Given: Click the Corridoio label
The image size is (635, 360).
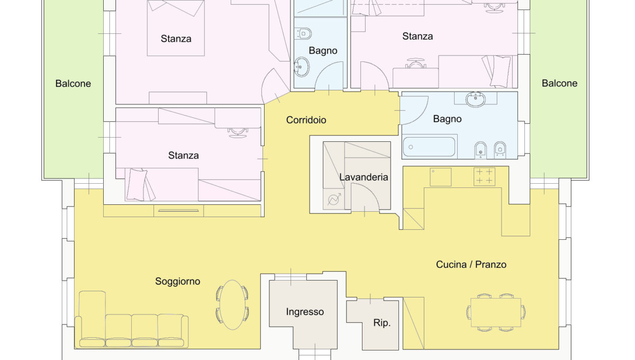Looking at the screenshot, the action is click(306, 120).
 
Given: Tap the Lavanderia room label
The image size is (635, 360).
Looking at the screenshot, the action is click(364, 177).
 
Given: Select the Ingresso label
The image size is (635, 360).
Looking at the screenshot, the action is click(305, 312).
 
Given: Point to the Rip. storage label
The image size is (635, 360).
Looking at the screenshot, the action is click(382, 323).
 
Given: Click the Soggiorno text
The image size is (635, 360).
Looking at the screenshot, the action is click(178, 282).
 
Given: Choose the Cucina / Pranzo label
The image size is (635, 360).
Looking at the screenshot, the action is click(471, 264).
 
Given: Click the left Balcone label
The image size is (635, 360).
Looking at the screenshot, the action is click(73, 84).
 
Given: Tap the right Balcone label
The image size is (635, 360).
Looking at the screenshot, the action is click(560, 83).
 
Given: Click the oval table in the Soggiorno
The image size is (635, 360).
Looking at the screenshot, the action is click(232, 305).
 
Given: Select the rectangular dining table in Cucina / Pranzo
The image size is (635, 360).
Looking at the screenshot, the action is click(496, 312).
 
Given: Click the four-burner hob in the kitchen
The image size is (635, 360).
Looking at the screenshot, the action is click(485, 176).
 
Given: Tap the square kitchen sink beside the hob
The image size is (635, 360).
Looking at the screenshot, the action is click(440, 177).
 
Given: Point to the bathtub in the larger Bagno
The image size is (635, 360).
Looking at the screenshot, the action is click(429, 147).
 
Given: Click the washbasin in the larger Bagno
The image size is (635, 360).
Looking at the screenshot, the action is click(475, 99).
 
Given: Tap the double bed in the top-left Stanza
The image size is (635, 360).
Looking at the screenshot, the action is click(176, 28).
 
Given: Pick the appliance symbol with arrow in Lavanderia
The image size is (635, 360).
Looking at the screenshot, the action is click(334, 200).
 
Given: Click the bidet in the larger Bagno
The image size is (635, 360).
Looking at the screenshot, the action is click(480, 150).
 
